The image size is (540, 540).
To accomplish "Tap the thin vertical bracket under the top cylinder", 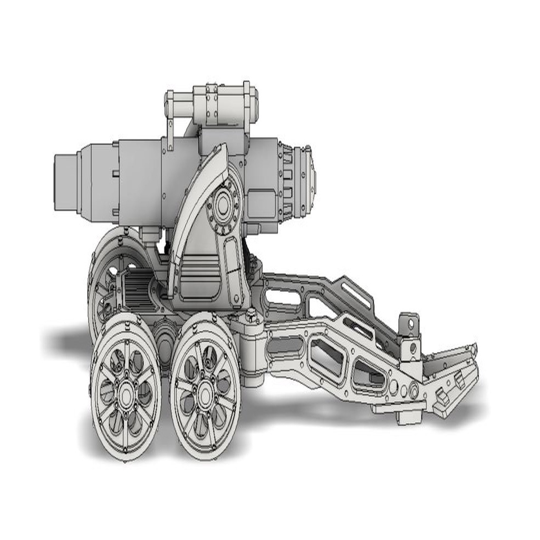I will pos(170,134).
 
